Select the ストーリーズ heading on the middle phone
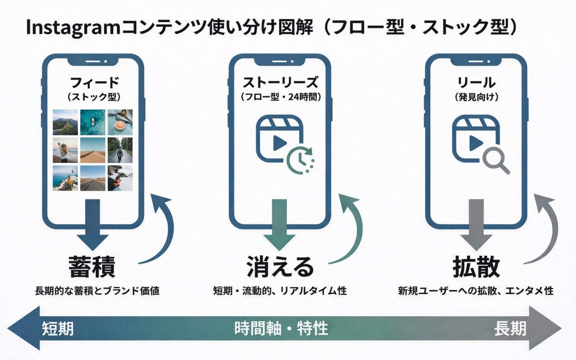pos(280,83)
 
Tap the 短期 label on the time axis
pos(58,329)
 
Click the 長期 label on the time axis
pos(510,329)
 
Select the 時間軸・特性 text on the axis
pos(281,329)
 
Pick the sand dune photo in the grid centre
pos(93,150)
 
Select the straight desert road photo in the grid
pos(93,178)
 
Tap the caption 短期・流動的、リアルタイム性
pos(280,291)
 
